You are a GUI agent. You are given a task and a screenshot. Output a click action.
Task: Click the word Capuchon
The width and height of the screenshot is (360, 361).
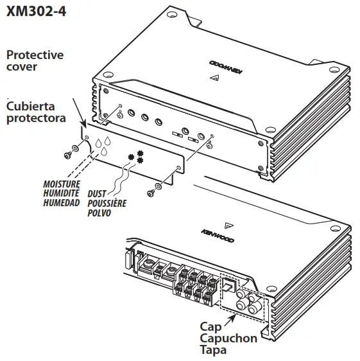[x=228, y=338]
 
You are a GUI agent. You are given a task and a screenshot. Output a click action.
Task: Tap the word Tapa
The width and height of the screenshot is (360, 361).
[x=214, y=351]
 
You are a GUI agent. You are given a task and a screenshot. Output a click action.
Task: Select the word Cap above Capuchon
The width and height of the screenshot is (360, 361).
[x=211, y=326]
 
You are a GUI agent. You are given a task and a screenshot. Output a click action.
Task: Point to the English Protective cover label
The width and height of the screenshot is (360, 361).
[x=35, y=60]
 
